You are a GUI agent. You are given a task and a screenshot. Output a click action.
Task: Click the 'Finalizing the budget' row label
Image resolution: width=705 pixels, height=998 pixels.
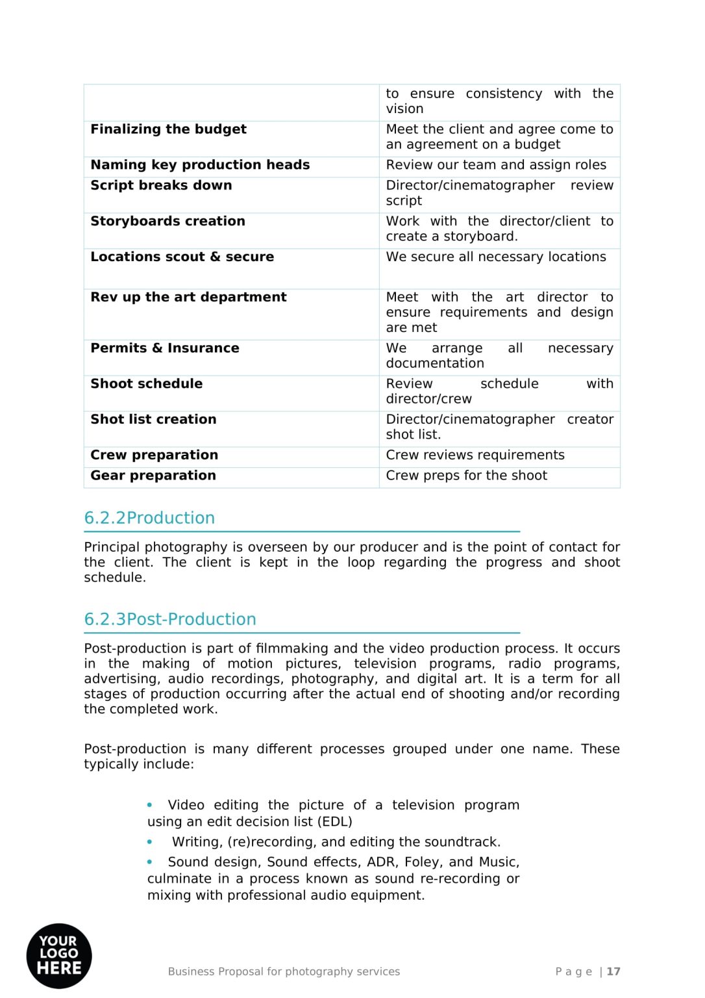168,129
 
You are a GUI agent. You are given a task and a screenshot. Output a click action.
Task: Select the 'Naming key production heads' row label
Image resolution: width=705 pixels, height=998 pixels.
200,165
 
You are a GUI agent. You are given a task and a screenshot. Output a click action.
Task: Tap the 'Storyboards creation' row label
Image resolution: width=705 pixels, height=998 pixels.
167,222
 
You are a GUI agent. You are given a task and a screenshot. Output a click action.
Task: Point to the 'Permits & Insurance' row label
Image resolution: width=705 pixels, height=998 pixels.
165,348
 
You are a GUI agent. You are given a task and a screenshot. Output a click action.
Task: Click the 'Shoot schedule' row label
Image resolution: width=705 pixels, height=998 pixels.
146,384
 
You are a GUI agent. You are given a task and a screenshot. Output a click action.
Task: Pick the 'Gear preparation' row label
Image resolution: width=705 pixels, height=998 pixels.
153,476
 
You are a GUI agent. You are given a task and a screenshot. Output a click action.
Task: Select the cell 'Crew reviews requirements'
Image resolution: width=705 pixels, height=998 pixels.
475,455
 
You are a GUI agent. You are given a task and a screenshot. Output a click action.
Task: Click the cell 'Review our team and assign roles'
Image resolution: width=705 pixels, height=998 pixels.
496,165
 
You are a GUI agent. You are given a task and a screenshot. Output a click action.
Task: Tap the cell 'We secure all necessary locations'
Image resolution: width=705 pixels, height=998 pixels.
496,257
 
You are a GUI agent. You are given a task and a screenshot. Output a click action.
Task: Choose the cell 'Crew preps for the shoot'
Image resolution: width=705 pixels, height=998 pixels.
466,476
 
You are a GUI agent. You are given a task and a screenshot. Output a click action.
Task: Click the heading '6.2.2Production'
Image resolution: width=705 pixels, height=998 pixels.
149,518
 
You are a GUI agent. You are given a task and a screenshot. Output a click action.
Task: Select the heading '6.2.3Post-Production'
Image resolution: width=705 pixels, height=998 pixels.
170,619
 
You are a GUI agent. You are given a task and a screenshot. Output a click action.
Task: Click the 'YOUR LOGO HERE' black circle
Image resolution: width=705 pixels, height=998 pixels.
59,956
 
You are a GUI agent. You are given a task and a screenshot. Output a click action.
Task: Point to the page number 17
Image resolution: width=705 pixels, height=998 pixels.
613,971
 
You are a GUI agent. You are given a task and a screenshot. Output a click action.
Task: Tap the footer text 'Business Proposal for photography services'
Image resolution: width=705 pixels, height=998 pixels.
284,971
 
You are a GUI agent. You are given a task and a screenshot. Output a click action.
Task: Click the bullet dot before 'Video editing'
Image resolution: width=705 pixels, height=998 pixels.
150,805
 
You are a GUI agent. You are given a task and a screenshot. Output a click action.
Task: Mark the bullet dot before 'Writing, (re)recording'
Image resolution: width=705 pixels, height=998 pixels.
150,842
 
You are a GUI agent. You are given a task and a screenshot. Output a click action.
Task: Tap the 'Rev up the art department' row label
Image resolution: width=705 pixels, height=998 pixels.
188,298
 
